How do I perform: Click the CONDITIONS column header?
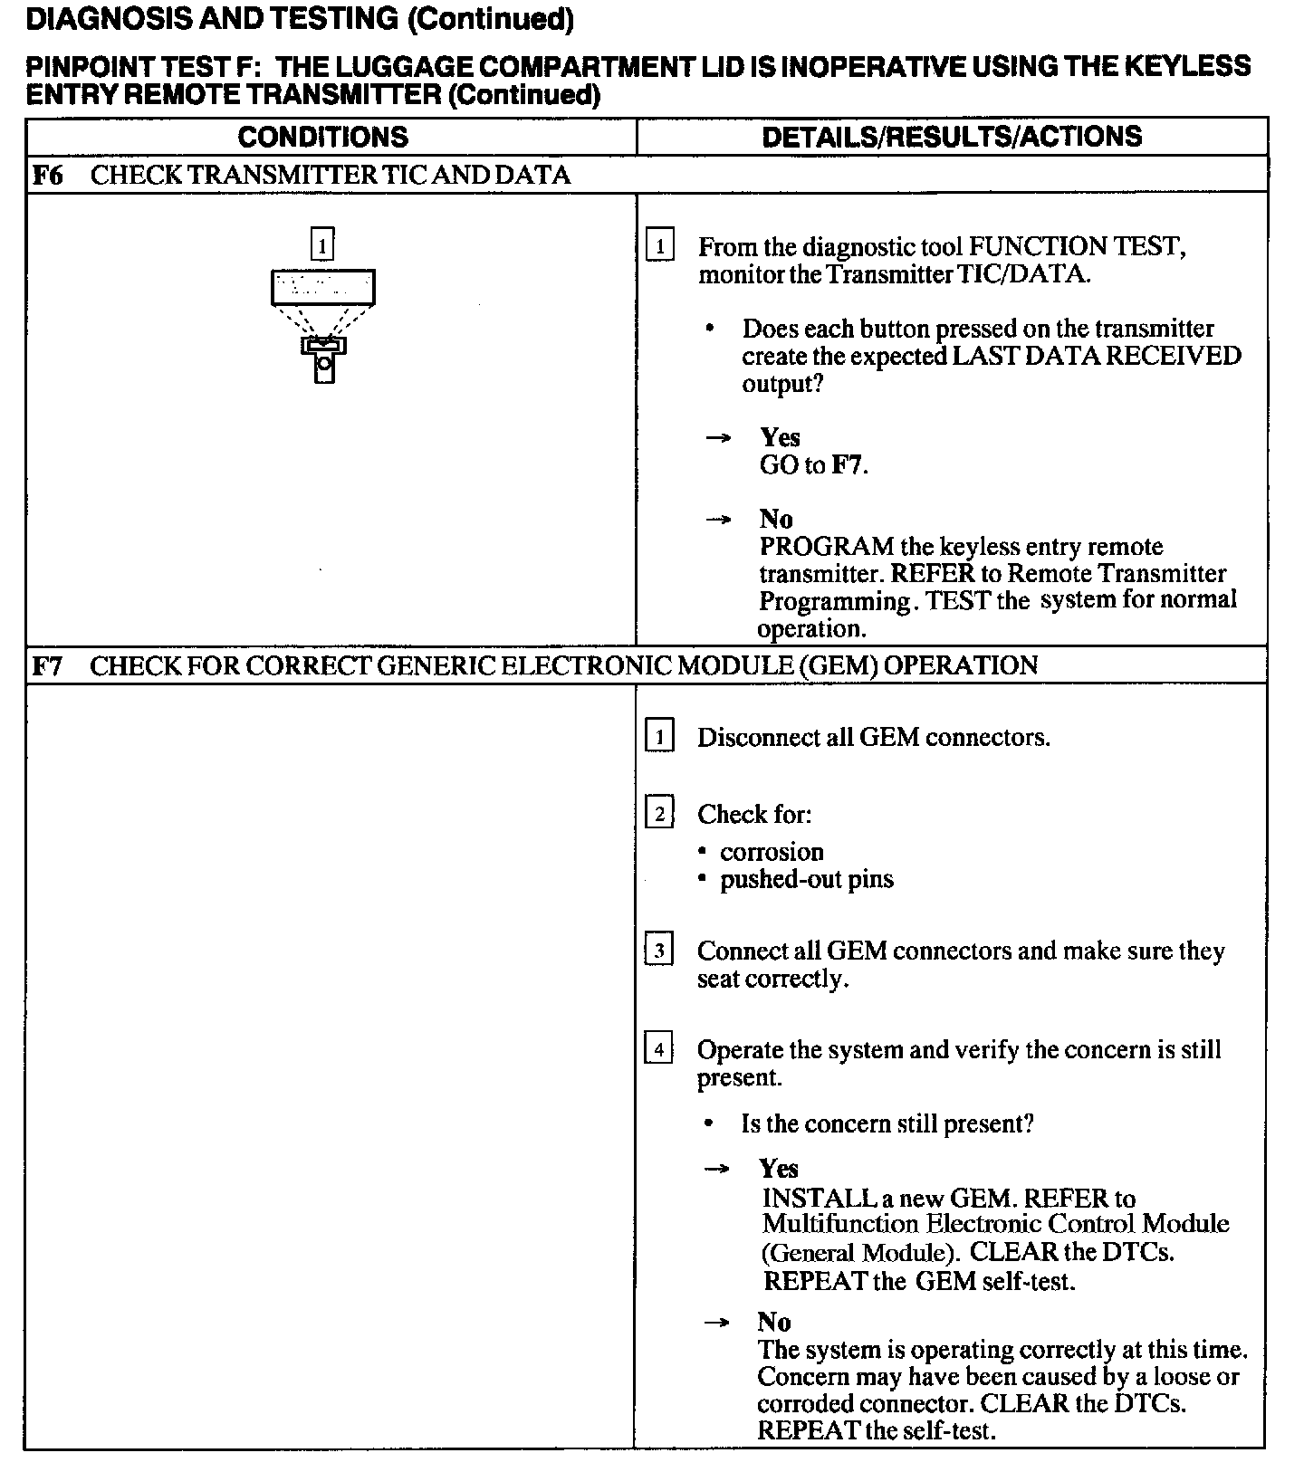pyautogui.click(x=322, y=137)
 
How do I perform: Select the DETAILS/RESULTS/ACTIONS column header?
pyautogui.click(x=952, y=137)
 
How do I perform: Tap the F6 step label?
pyautogui.click(x=47, y=175)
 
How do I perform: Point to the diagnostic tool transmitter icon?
pyautogui.click(x=323, y=326)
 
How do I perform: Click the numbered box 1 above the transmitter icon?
pyautogui.click(x=322, y=244)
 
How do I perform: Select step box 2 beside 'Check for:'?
pyautogui.click(x=659, y=814)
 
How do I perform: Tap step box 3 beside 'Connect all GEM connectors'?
pyautogui.click(x=659, y=951)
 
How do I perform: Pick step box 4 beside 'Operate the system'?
pyautogui.click(x=659, y=1050)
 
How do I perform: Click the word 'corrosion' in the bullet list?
pyautogui.click(x=772, y=852)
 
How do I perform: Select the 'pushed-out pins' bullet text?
pyautogui.click(x=806, y=879)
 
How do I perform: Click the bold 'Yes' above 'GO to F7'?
pyautogui.click(x=780, y=438)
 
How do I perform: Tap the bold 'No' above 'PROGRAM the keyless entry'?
pyautogui.click(x=776, y=520)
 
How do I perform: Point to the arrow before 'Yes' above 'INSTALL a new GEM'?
pyautogui.click(x=717, y=1169)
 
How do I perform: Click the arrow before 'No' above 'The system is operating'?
pyautogui.click(x=717, y=1323)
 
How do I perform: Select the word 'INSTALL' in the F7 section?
pyautogui.click(x=819, y=1199)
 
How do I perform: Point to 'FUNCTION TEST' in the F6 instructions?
pyautogui.click(x=1077, y=246)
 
